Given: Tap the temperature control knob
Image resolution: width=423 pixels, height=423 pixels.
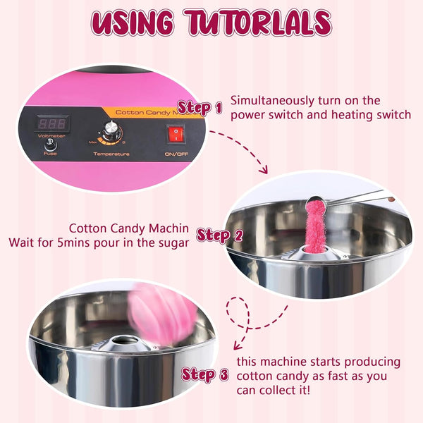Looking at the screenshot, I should (111, 132).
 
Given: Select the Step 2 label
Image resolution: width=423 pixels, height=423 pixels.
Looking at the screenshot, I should (219, 235).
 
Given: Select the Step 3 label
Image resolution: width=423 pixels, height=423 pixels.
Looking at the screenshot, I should (204, 374).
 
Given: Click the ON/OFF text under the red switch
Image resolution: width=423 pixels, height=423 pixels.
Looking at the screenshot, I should (175, 152).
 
